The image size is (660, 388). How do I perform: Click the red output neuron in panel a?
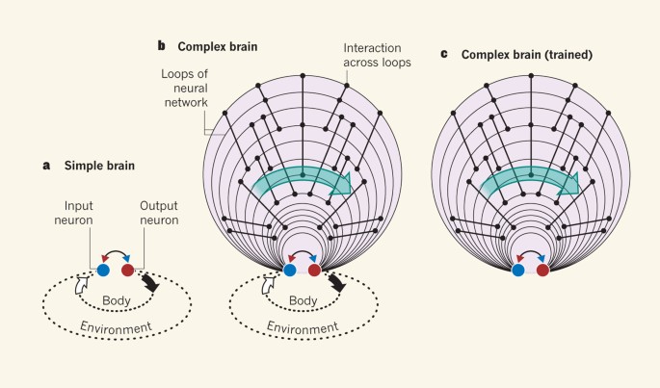[128, 272]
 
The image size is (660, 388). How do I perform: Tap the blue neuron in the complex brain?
[290, 271]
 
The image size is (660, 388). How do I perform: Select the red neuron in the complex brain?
[315, 271]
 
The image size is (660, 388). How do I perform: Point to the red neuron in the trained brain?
[543, 271]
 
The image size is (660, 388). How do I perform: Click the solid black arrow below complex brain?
[336, 284]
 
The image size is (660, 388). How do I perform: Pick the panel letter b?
[162, 44]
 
